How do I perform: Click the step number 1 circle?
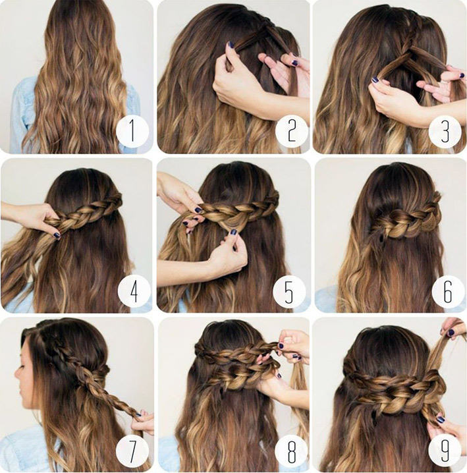(132, 131)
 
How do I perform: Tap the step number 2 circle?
(292, 131)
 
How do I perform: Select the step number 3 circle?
(445, 131)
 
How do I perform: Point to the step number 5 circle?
(289, 291)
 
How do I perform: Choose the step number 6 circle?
(448, 291)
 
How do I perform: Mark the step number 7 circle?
(132, 451)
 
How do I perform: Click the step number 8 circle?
(292, 451)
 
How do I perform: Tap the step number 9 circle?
(445, 451)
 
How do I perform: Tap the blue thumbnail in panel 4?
(57, 235)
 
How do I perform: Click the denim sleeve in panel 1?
(22, 115)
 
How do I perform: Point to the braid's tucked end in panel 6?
(380, 237)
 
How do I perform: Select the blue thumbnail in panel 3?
(375, 80)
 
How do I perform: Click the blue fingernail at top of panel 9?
(451, 333)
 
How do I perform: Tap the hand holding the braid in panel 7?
(144, 422)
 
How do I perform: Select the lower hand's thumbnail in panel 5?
(234, 233)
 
